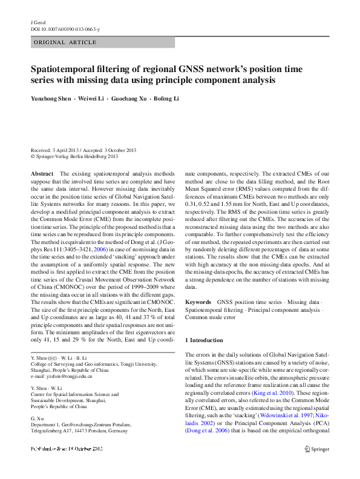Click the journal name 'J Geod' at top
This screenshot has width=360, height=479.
point(38,22)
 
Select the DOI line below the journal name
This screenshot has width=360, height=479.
point(65,29)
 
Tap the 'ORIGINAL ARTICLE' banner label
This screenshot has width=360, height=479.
point(65,42)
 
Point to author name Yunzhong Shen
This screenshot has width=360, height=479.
point(51,99)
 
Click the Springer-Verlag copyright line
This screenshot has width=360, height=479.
point(74,156)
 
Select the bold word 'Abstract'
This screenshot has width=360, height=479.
point(42,174)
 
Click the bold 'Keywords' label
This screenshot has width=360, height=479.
point(198,302)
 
